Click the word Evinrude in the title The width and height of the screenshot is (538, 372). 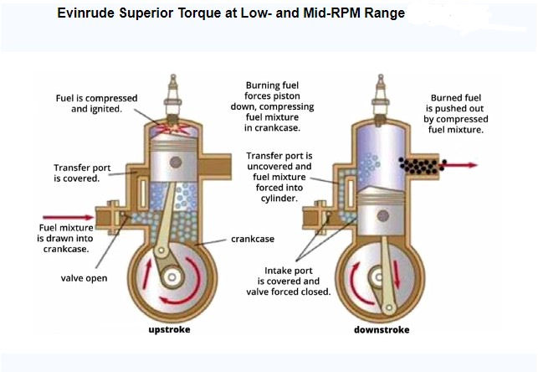tap(88, 14)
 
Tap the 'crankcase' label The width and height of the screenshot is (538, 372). tap(252, 239)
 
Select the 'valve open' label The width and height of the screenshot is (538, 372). tap(84, 277)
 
